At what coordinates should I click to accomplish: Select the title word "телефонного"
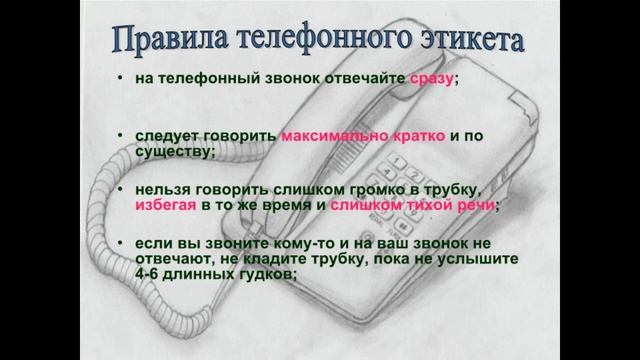(326, 41)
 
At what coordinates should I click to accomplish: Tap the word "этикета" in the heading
(470, 41)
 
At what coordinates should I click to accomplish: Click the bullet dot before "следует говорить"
(120, 135)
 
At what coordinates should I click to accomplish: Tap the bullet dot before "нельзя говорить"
(120, 189)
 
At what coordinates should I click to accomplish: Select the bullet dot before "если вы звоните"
(120, 243)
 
